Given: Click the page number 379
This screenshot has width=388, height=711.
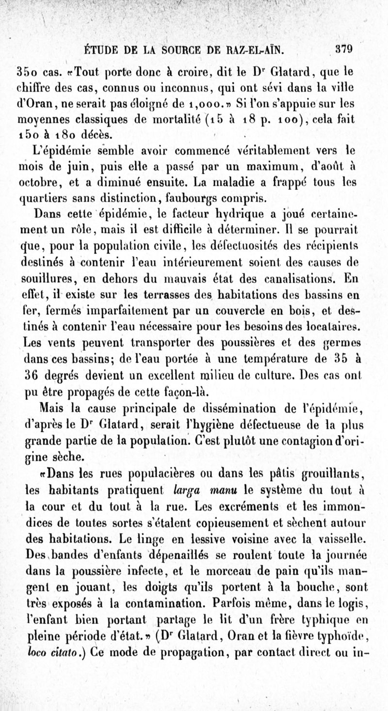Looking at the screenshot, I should (343, 48).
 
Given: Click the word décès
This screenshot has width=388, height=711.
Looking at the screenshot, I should (102, 133).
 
